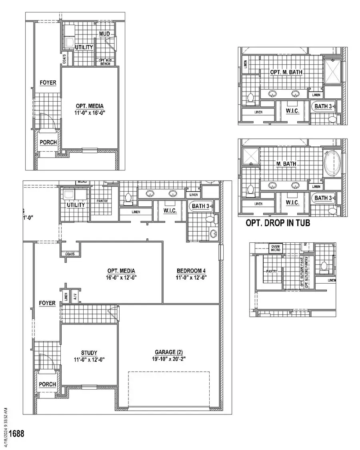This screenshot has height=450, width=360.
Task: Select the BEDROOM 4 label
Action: pos(191,271)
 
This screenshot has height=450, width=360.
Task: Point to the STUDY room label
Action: pos(89,353)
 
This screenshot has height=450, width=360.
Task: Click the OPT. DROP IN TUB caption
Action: pos(278,223)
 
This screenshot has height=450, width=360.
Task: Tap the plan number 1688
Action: pos(16,433)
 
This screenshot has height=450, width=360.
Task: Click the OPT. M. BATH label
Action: pos(286,72)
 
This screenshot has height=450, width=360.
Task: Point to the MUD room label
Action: pos(104,33)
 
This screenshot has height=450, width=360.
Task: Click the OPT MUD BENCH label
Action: pos(105,62)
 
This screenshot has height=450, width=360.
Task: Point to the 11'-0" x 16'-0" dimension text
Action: pos(90,113)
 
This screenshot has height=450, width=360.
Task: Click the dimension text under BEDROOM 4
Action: pos(191,278)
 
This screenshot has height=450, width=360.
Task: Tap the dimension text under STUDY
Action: pos(89,360)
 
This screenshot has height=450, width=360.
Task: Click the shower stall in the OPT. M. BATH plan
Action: pos(333,71)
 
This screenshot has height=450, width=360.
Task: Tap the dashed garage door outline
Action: pos(168,389)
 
